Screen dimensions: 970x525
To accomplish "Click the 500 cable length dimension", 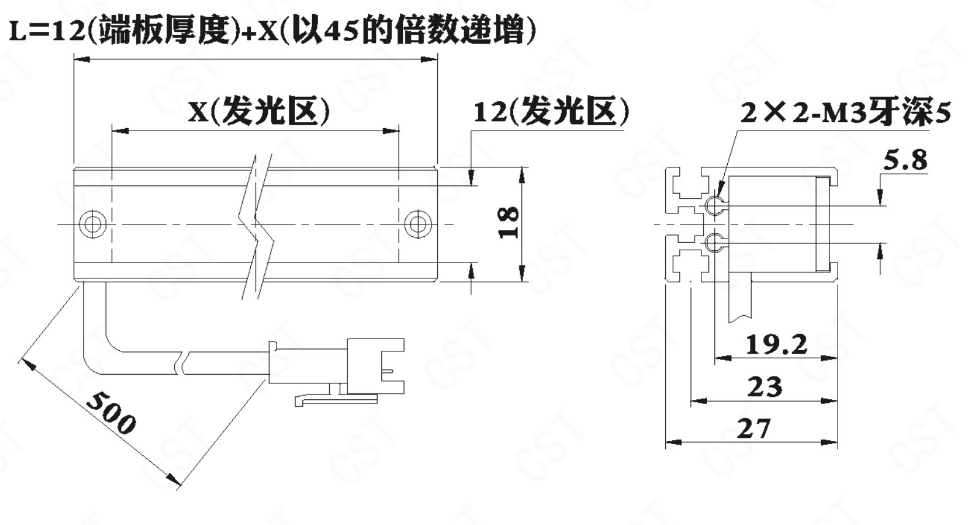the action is pyautogui.click(x=111, y=413).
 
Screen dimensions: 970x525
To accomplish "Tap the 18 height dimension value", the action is pyautogui.click(x=509, y=222).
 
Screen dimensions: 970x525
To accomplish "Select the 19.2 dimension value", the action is pyautogui.click(x=776, y=344).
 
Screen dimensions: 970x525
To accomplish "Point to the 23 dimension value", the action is pyautogui.click(x=765, y=387).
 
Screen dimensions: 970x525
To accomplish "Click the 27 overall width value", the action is pyautogui.click(x=754, y=429).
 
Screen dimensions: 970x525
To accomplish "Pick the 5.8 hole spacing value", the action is pyautogui.click(x=905, y=160).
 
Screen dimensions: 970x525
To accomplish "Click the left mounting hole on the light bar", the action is pyautogui.click(x=93, y=224).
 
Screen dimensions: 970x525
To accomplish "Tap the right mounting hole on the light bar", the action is pyautogui.click(x=418, y=224).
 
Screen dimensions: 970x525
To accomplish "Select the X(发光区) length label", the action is pyautogui.click(x=259, y=112).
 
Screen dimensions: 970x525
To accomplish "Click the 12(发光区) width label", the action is pyautogui.click(x=551, y=112).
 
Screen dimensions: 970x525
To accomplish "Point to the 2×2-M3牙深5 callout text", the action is pyautogui.click(x=846, y=113).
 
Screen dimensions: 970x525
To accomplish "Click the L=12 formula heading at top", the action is pyautogui.click(x=273, y=30).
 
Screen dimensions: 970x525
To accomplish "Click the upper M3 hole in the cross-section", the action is pyautogui.click(x=714, y=205).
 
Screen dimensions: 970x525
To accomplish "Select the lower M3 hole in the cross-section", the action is pyautogui.click(x=714, y=243).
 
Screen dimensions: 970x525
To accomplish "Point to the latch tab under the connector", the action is pyautogui.click(x=335, y=399).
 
